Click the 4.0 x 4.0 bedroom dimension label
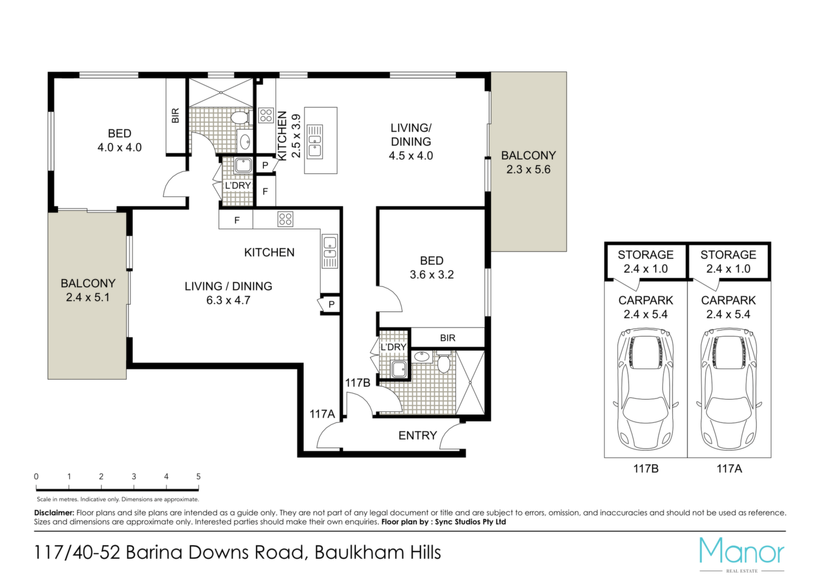point(120,147)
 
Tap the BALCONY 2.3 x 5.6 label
point(528,162)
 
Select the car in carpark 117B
point(645,389)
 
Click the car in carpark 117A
point(729,389)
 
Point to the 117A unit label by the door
point(322,414)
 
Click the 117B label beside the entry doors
point(357,383)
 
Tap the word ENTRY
point(418,435)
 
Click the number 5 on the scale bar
point(198,476)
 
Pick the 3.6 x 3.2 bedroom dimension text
point(432,275)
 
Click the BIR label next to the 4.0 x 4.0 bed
point(176,116)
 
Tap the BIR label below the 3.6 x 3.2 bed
point(448,338)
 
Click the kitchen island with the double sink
point(320,141)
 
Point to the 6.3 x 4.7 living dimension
point(228,300)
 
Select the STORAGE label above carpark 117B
point(645,255)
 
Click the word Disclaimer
point(54,513)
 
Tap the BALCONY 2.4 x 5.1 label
point(88,290)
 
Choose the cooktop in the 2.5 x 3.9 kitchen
point(266,115)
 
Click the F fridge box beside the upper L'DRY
point(265,191)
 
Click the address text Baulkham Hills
point(378,553)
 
